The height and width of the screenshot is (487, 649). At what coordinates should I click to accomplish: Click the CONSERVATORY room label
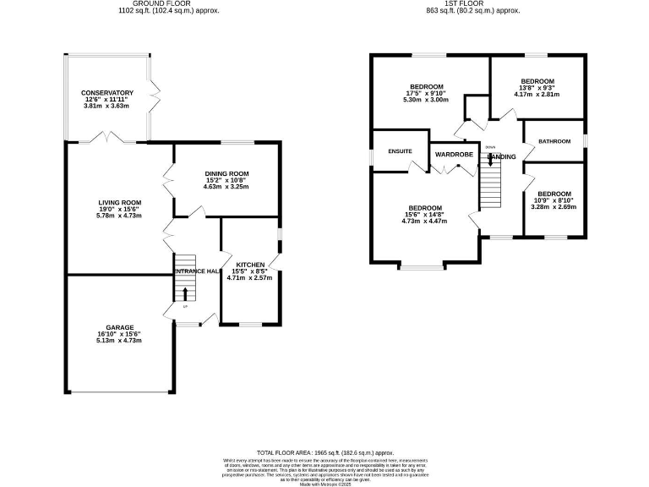click(107, 92)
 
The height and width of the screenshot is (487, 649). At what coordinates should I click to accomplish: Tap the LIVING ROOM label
click(119, 202)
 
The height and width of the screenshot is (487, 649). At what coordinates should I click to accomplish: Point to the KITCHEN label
click(250, 265)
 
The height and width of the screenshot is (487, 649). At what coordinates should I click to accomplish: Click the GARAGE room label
click(119, 327)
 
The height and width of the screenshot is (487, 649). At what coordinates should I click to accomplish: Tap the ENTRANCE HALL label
click(197, 271)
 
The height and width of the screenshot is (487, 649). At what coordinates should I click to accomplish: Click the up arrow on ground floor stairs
click(186, 294)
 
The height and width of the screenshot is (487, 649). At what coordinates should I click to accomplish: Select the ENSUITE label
click(400, 151)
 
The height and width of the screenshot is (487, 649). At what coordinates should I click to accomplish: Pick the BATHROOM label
click(553, 141)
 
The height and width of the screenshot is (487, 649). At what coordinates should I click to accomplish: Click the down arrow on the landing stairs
click(491, 160)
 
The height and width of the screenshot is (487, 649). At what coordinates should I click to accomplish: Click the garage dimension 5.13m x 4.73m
click(119, 341)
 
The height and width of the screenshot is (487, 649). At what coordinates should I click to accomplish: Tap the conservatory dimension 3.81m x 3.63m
click(107, 106)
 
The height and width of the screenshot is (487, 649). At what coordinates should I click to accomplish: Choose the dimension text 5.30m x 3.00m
click(427, 100)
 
